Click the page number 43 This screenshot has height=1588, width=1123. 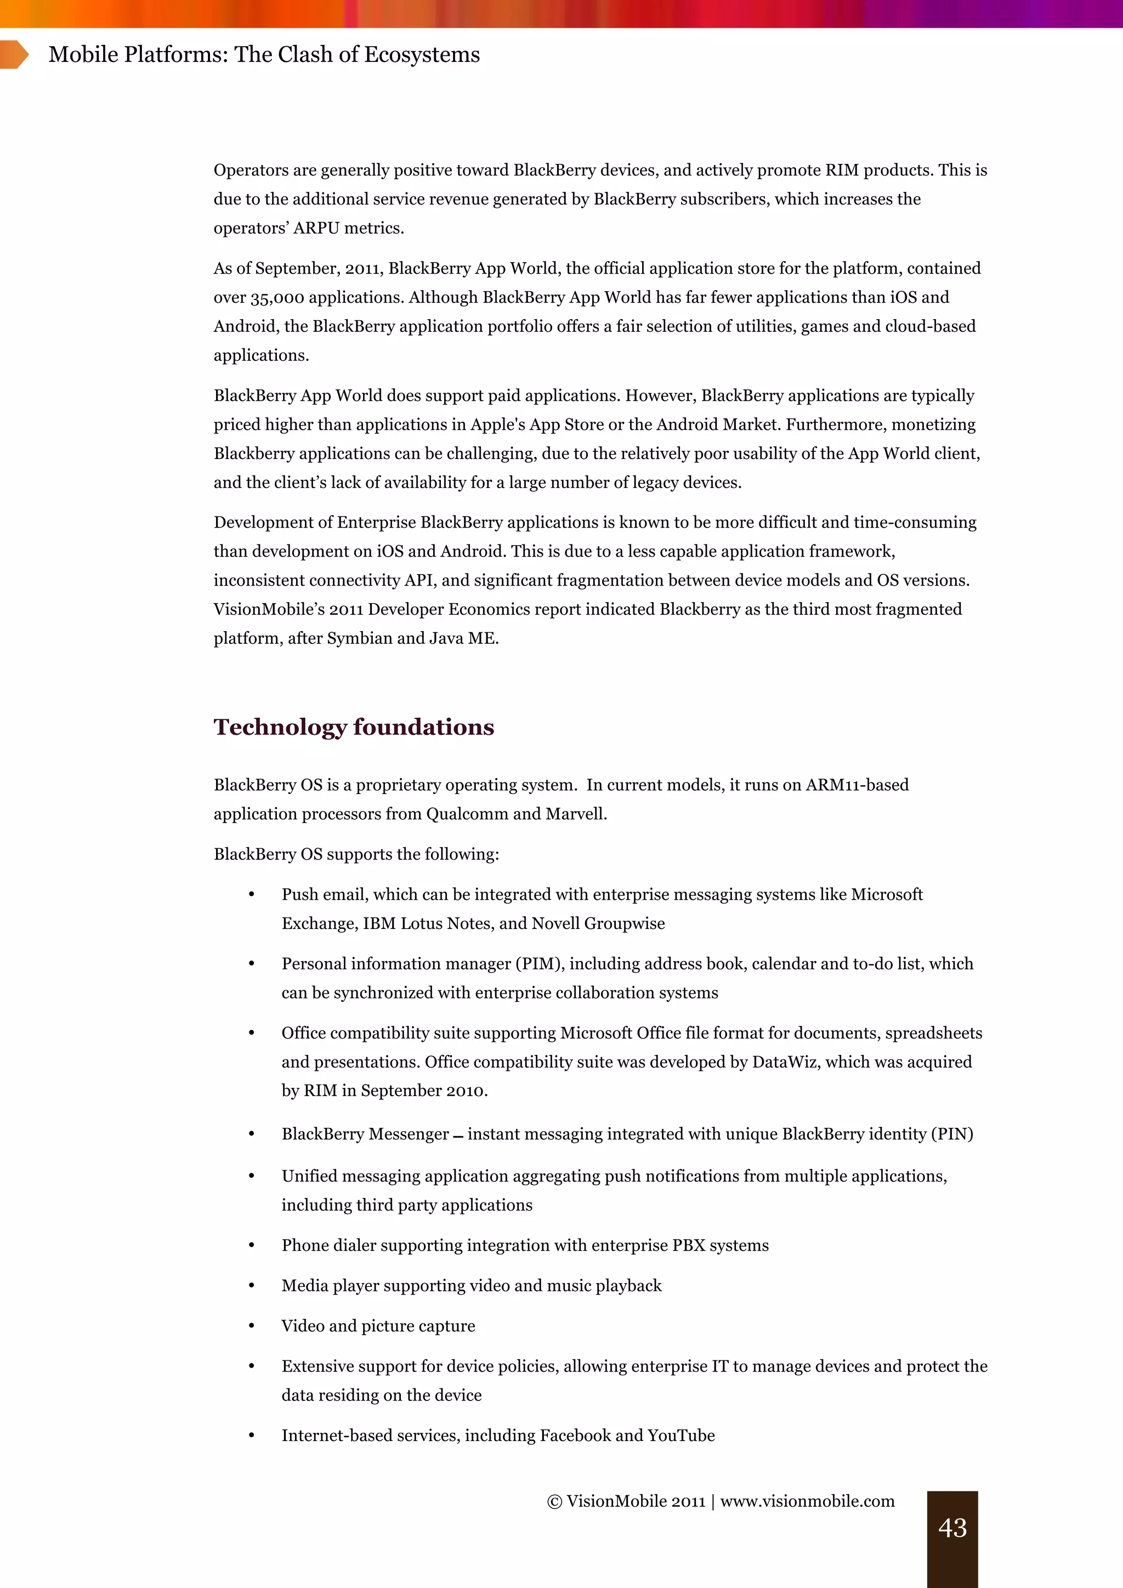pos(952,1527)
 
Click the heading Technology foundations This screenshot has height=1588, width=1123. pos(353,727)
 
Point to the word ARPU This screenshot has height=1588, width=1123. pos(316,228)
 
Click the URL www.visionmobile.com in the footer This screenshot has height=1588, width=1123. pos(807,1501)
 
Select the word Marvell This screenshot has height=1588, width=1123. pos(575,814)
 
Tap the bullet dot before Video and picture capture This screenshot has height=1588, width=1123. pos(252,1326)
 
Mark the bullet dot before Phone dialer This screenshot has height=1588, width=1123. pos(252,1246)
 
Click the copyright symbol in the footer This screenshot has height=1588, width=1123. pos(554,1501)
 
